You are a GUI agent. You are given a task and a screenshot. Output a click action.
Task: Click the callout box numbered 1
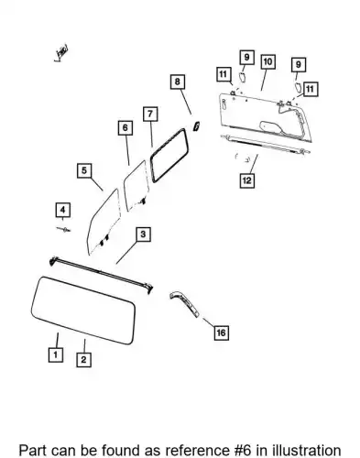(56, 354)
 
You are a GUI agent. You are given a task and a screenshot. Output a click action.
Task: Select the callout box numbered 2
(83, 359)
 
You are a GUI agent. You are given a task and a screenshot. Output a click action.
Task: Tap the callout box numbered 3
(143, 234)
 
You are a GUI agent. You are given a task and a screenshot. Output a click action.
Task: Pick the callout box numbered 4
(63, 210)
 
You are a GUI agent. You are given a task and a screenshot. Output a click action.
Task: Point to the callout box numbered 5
(84, 170)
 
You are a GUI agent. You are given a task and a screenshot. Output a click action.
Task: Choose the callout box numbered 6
(125, 127)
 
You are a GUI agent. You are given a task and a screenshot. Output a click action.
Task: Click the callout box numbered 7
(150, 114)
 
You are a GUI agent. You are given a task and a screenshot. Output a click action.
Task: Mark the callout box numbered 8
(178, 82)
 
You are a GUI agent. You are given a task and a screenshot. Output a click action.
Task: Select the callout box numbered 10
(267, 61)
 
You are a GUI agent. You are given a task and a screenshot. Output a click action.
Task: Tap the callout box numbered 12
(246, 180)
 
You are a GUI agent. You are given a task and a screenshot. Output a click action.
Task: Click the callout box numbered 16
(221, 333)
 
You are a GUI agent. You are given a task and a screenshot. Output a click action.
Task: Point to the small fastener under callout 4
(63, 229)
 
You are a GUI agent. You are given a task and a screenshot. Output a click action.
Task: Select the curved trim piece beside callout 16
(185, 304)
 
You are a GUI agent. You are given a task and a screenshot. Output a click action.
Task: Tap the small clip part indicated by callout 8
(196, 125)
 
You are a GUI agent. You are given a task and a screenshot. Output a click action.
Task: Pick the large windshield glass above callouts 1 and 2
(83, 311)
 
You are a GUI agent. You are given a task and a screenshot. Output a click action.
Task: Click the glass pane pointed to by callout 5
(104, 223)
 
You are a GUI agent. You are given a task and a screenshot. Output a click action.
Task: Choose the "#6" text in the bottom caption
(244, 451)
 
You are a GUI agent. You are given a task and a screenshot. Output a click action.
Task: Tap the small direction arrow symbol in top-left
(61, 53)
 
